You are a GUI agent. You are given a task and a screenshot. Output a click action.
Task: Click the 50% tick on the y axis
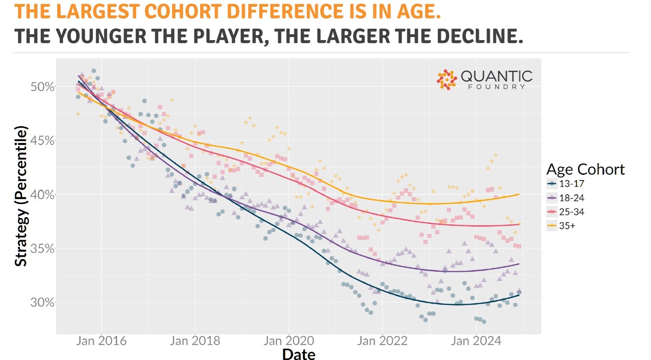point(42,87)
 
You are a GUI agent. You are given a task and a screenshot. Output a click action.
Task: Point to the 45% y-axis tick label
point(42,141)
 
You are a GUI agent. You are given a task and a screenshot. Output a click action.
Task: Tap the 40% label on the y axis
point(42,195)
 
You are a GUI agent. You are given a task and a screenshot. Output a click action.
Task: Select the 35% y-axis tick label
point(42,249)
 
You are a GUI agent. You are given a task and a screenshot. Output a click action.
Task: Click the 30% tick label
point(42,302)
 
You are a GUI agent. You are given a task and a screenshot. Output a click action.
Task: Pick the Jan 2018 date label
point(195,341)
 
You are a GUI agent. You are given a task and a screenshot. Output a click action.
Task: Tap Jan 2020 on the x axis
point(289,341)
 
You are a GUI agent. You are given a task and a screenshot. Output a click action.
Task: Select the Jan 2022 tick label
point(383,341)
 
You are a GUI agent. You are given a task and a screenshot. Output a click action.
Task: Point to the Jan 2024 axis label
point(476,341)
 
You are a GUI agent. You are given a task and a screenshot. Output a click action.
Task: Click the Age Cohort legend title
point(585,169)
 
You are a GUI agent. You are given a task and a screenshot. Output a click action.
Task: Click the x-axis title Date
point(299,354)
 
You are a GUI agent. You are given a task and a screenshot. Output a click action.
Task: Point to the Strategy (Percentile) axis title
point(21,196)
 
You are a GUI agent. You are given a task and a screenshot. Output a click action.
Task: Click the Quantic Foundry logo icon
point(447,79)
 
